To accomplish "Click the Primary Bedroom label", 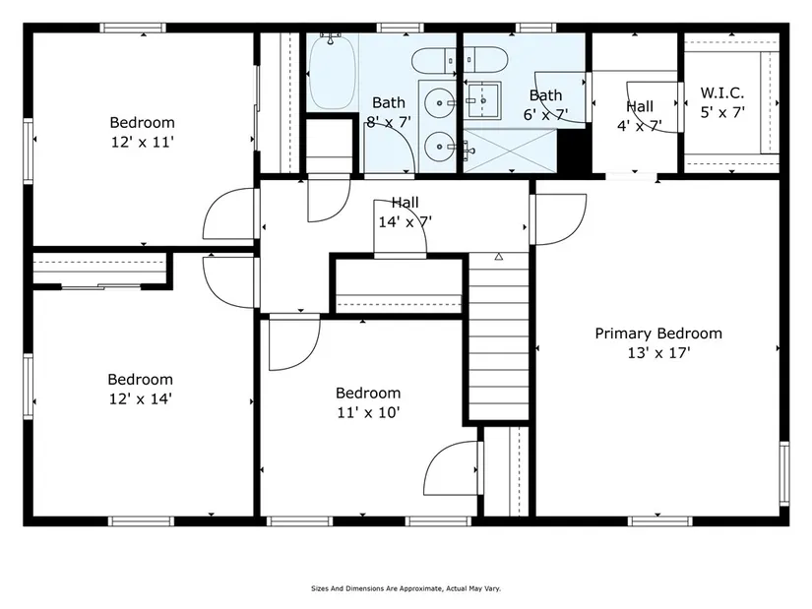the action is click(x=658, y=334).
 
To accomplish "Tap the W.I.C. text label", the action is click(x=721, y=92).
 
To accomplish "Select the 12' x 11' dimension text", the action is click(x=143, y=142).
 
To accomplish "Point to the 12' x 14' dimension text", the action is click(x=141, y=398).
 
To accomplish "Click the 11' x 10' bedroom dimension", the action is click(x=368, y=412).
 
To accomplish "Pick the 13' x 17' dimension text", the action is click(x=658, y=352).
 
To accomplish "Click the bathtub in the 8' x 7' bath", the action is click(x=333, y=72).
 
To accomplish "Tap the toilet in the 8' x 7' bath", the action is click(x=434, y=61).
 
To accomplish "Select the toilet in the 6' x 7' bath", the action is click(x=485, y=60).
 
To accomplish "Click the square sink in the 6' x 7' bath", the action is click(x=482, y=100).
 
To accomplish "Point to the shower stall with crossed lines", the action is click(x=510, y=151).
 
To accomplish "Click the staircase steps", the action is click(x=499, y=335).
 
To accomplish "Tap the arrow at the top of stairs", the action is click(x=499, y=257).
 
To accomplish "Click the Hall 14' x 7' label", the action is click(x=405, y=212).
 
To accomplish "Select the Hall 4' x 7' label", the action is click(x=640, y=116).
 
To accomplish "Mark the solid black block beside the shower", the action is click(x=573, y=152).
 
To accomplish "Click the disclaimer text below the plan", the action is click(x=406, y=588).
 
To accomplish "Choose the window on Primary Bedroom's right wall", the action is click(x=784, y=473).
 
